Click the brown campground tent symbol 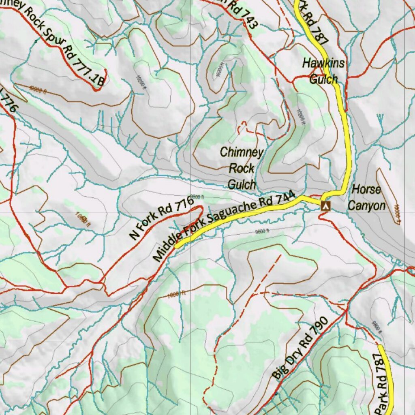[325, 205]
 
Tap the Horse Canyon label [366, 197]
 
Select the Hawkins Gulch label [323, 71]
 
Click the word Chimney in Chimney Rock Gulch [242, 152]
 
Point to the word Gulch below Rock [242, 184]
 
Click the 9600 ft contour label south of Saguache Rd [262, 231]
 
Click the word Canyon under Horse [366, 205]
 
